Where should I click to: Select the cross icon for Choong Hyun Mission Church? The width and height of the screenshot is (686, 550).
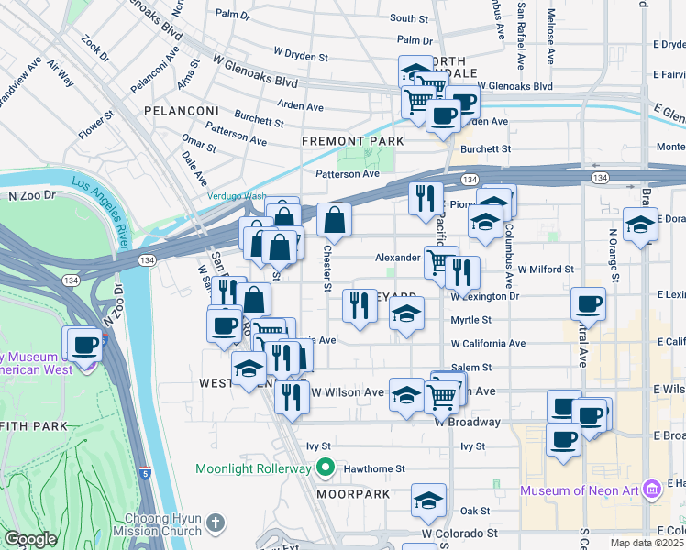click(215, 523)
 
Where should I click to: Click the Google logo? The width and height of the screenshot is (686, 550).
click(30, 539)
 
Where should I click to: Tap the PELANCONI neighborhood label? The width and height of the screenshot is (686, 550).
click(180, 110)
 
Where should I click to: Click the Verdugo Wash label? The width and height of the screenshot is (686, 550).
click(235, 196)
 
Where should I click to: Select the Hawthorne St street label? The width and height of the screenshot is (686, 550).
click(374, 468)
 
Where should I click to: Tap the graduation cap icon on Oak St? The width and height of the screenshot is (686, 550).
click(428, 500)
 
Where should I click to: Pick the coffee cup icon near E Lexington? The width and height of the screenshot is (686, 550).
click(588, 304)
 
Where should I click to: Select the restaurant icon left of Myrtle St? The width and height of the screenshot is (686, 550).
click(360, 304)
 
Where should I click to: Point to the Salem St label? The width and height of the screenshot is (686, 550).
click(472, 367)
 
